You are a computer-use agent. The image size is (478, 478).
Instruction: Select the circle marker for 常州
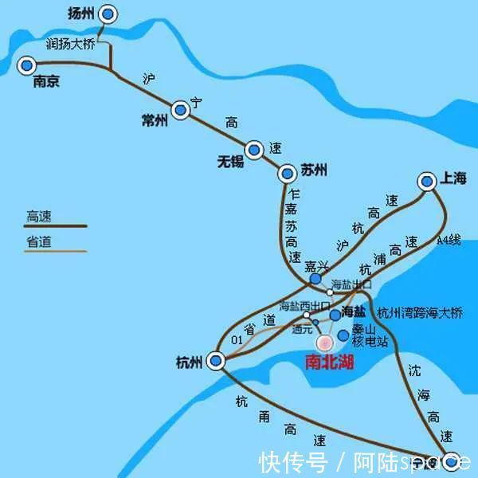[x=181, y=109]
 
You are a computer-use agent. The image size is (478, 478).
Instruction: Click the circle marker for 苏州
[x=287, y=173]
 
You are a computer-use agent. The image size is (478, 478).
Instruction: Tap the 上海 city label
[x=453, y=180]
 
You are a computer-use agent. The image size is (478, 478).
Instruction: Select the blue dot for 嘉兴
[x=316, y=280]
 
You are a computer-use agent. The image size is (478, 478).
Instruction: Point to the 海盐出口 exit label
[x=351, y=284]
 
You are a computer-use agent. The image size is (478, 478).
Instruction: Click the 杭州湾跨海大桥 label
[x=419, y=313]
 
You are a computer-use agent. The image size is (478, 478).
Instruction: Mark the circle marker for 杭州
[x=216, y=362]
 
